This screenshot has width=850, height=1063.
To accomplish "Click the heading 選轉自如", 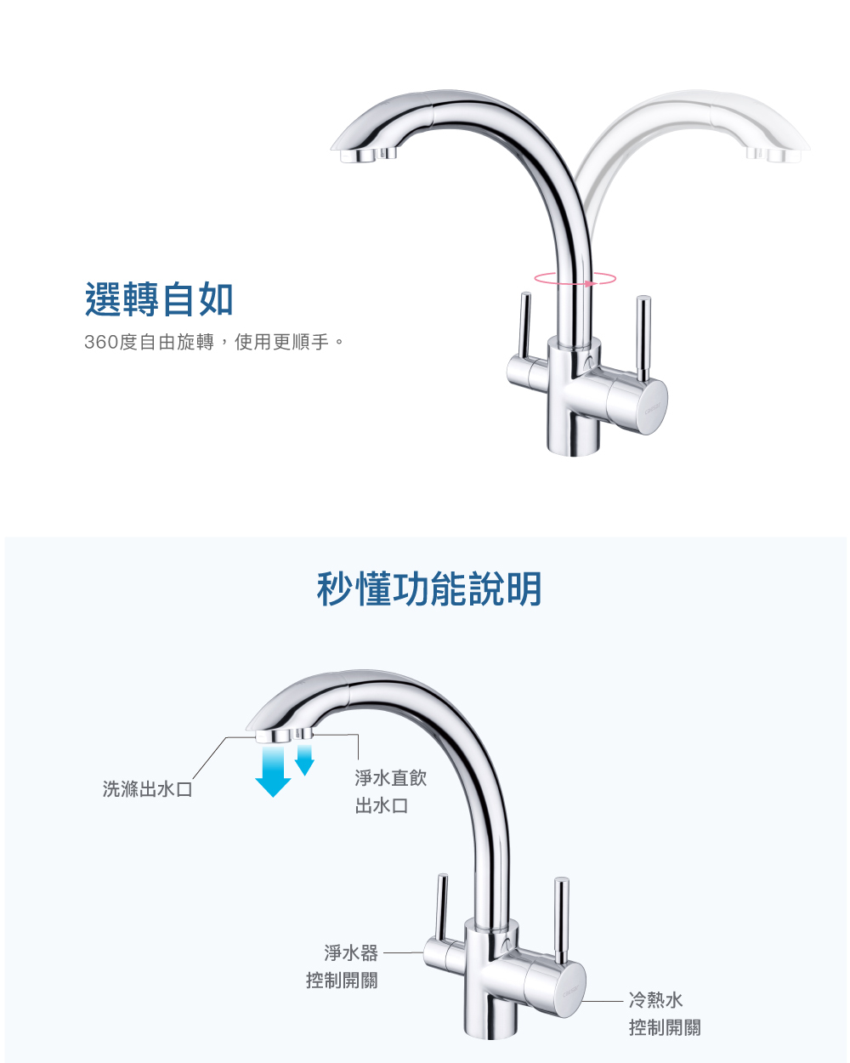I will (x=159, y=299).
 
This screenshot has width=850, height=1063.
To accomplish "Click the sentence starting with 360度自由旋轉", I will (x=214, y=343).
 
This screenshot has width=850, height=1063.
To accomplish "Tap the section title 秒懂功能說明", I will (x=428, y=588).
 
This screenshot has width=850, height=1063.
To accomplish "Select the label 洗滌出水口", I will (x=148, y=789).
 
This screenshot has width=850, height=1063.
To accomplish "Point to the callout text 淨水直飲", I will (x=390, y=777).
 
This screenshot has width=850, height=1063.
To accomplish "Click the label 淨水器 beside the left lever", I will (x=351, y=952).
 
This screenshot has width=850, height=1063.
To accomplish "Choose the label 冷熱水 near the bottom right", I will (x=655, y=1000).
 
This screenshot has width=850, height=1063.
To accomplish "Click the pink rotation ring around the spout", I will (x=575, y=278).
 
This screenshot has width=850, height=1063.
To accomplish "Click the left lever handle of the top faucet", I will (x=524, y=327).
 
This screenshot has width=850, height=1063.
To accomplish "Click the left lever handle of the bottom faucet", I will (x=440, y=910).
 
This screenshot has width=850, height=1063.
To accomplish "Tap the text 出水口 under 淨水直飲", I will (x=382, y=805).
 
